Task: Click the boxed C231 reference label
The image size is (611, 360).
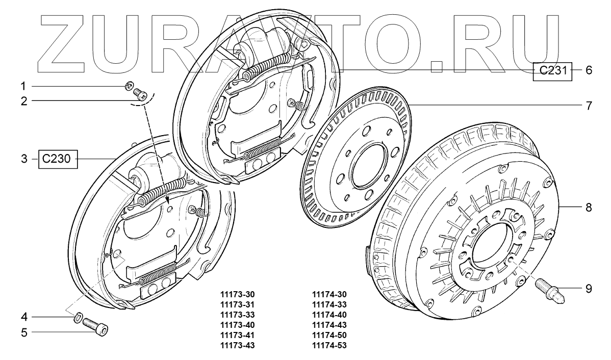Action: point(553,71)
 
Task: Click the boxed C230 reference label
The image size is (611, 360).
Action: point(57,160)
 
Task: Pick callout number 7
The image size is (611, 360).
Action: point(588,106)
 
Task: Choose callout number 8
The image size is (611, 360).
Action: point(588,208)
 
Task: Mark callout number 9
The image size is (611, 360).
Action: point(588,289)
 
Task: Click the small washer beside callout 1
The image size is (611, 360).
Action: point(130,85)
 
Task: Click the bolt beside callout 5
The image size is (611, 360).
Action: point(97,326)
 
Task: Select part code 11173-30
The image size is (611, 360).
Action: point(237,295)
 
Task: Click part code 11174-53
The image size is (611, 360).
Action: point(329,346)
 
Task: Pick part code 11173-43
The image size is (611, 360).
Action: point(237,346)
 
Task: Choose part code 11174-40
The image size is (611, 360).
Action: point(329,315)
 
